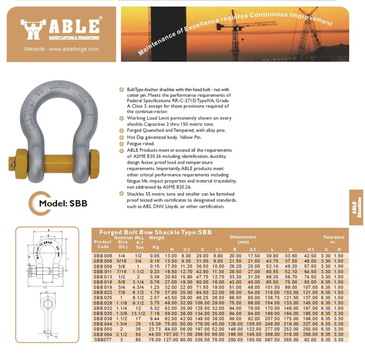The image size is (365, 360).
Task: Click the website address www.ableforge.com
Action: click(61, 49)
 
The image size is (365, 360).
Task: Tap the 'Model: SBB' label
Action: click(63, 204)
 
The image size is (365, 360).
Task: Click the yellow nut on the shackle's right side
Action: click(94, 164)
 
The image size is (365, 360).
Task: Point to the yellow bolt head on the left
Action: click(17, 163)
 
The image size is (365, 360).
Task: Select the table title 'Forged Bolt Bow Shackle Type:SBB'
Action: click(155, 232)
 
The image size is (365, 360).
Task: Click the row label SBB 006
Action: click(103, 255)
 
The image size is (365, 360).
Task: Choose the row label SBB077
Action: click(103, 340)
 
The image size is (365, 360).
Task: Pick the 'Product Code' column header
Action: click(103, 244)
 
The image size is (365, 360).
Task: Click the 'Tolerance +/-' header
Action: click(334, 239)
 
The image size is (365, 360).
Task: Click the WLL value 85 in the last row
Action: click(138, 340)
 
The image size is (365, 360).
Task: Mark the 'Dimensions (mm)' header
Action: click(243, 239)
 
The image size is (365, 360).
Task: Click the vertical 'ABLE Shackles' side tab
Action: click(356, 207)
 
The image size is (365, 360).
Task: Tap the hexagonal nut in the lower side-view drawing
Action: click(47, 305)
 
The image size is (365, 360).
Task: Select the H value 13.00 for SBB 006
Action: click(171, 255)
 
